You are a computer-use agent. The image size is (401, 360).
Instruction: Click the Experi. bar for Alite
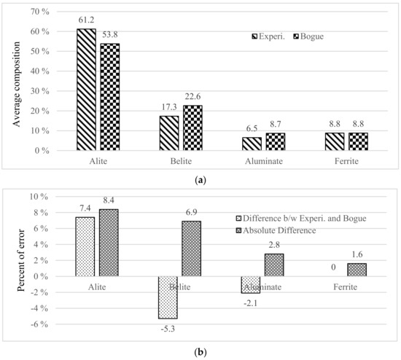click(x=86, y=90)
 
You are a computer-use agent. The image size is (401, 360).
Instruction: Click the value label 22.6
click(x=193, y=100)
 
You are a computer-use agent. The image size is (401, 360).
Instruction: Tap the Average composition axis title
click(x=15, y=81)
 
